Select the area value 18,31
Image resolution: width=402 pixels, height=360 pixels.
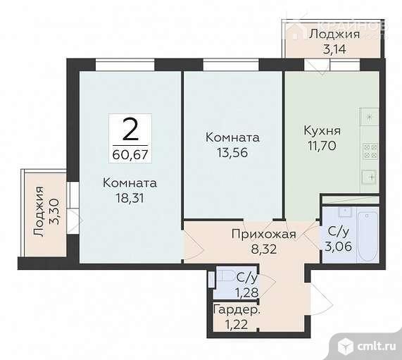click(129, 198)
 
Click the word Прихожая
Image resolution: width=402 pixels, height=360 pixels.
click(263, 234)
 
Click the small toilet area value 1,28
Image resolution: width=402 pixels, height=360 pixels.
click(246, 292)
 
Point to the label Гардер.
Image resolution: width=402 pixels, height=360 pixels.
click(237, 311)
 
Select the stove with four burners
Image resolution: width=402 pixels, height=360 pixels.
click(370, 150)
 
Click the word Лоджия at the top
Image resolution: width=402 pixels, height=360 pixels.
click(334, 33)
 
